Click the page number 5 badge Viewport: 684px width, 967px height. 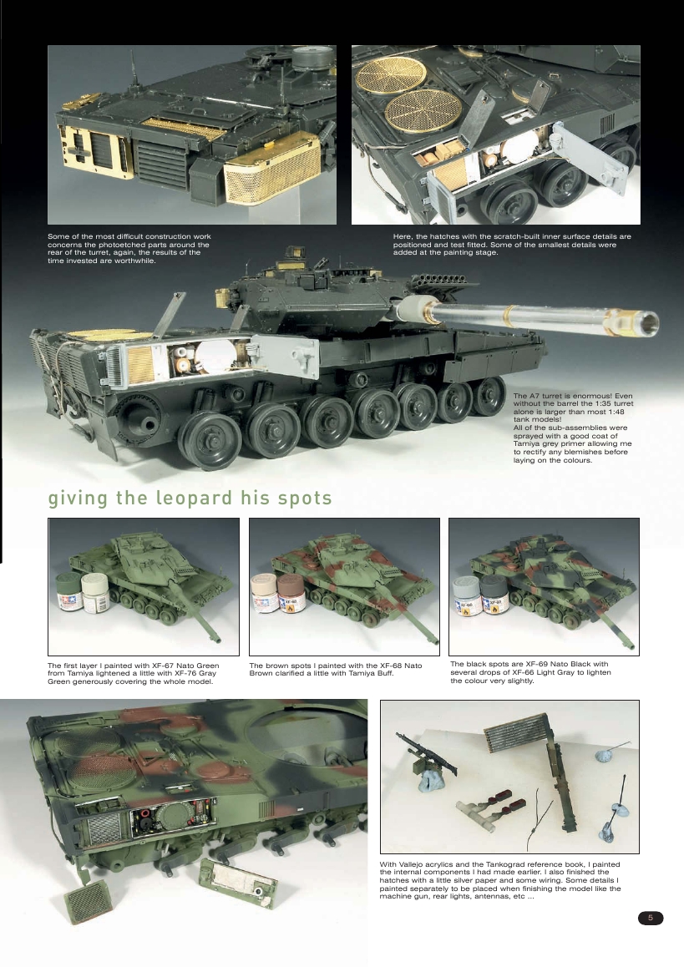point(651,918)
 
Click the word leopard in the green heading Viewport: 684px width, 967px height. point(196,499)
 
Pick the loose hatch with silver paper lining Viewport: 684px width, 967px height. point(238,882)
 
